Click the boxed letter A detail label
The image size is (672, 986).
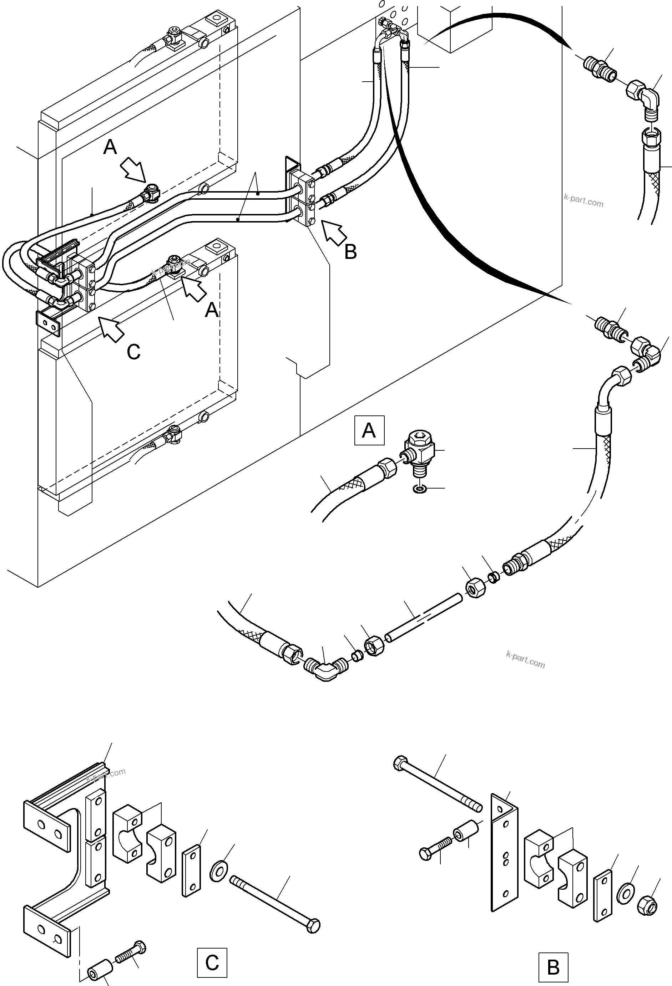pyautogui.click(x=369, y=430)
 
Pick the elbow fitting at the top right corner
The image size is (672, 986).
pyautogui.click(x=644, y=98)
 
